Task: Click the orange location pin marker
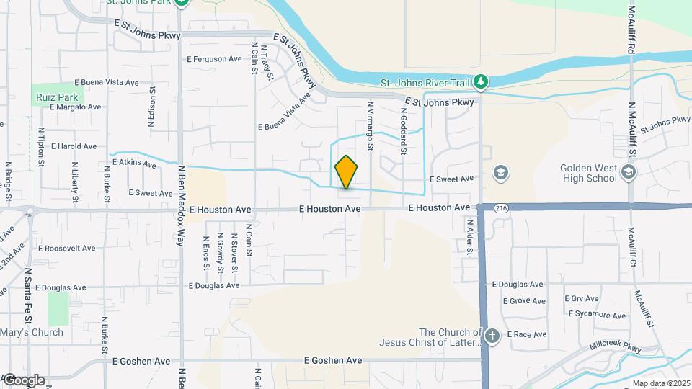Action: (346, 172)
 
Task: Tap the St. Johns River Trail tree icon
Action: (481, 81)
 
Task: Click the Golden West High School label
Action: (589, 173)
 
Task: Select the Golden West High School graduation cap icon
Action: (629, 171)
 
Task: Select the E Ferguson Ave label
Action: (215, 59)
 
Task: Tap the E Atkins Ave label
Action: (133, 164)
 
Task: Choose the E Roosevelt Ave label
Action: (67, 249)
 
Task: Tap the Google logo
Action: (23, 380)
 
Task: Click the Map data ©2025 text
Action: (660, 383)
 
